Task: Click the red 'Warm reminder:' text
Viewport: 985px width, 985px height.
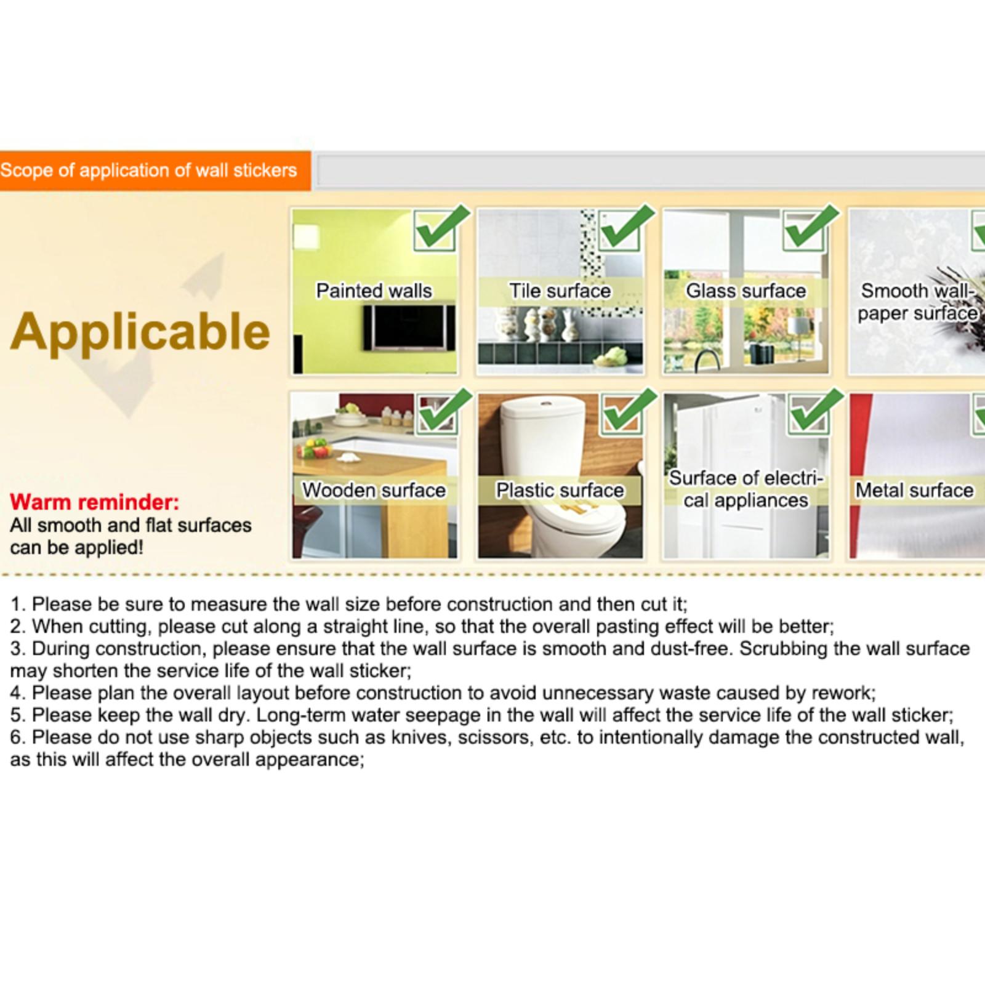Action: (x=95, y=502)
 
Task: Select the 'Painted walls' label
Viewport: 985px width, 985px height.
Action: (x=374, y=291)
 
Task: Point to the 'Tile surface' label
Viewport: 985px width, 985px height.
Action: (x=560, y=291)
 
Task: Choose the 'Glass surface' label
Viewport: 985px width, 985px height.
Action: (x=746, y=291)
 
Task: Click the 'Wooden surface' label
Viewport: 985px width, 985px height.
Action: (x=374, y=490)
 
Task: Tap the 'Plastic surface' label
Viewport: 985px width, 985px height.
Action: (x=560, y=490)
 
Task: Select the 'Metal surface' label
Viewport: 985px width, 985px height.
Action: (x=915, y=490)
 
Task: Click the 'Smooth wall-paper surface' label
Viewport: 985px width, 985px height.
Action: (x=918, y=302)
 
